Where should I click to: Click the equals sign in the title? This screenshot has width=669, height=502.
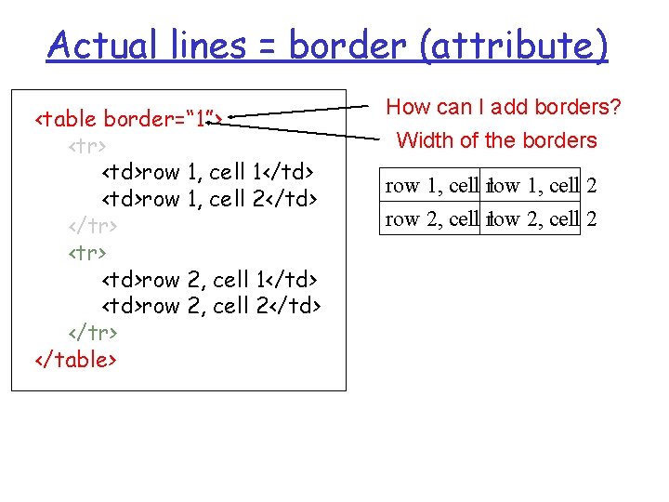pos(262,45)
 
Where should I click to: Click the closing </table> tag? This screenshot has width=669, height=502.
pos(75,359)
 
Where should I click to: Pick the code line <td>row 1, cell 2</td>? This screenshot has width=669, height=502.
pos(209,198)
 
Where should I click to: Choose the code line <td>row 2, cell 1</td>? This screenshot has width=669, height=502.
pos(209,279)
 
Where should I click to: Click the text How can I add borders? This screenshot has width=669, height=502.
pos(503,108)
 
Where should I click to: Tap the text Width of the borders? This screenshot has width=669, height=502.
pos(496,141)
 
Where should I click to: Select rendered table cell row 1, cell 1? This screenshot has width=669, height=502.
pos(431,186)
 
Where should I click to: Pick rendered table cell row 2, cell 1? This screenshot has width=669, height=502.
pos(431,219)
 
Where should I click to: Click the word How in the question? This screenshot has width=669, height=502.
pos(405,108)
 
